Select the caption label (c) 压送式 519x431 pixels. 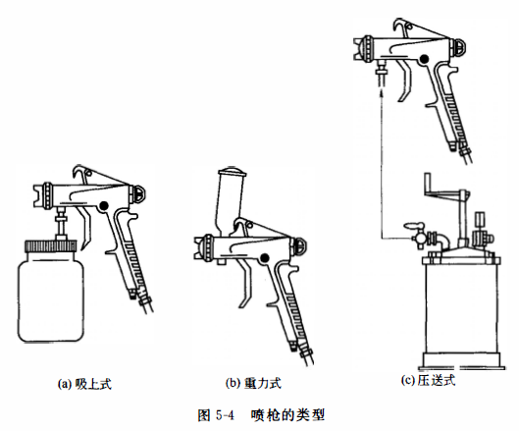[x=433, y=379]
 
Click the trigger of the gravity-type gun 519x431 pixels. [x=247, y=286]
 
